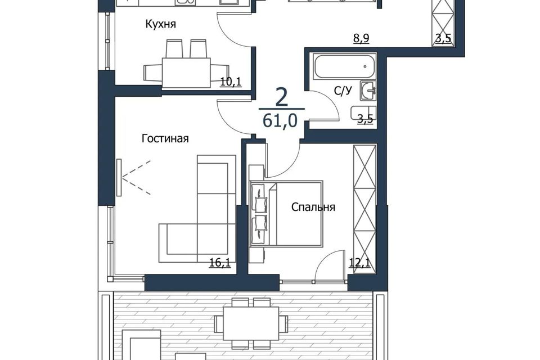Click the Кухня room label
(160, 24)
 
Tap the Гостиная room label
(165, 138)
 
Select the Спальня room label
(313, 207)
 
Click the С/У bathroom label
(343, 91)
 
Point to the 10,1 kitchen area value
(231, 82)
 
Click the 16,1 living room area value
(220, 263)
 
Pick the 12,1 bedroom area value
(359, 263)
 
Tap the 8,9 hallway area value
(361, 38)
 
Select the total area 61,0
(280, 121)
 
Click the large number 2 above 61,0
(282, 97)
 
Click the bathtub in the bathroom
(344, 66)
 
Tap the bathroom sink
(368, 91)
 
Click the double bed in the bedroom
(286, 214)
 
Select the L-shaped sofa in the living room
(197, 209)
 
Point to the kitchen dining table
(186, 73)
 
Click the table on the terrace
(251, 323)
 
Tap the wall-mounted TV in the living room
(119, 177)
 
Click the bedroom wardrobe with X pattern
(364, 209)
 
